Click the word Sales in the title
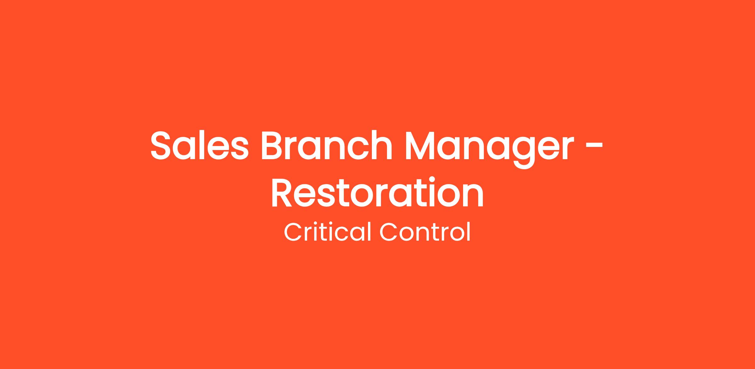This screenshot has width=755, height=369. [200, 145]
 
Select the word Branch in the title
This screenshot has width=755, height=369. [327, 145]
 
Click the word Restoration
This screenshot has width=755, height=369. [377, 193]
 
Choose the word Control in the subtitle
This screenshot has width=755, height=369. [425, 232]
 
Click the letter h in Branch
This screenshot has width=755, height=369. [382, 145]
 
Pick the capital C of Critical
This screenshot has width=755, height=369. [293, 232]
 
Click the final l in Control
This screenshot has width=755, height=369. [469, 232]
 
